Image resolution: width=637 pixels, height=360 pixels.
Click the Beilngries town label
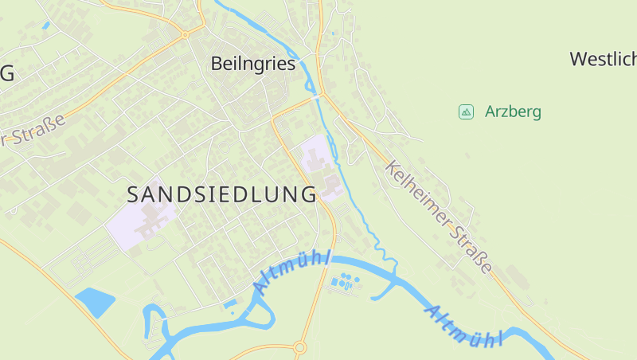[253, 64]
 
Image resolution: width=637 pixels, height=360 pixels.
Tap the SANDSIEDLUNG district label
[222, 194]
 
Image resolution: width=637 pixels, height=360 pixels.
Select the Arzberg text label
[513, 112]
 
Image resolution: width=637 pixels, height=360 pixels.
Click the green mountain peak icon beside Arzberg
[467, 112]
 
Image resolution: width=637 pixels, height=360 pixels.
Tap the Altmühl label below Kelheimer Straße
[465, 326]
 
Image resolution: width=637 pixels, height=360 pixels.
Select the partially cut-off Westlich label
[604, 58]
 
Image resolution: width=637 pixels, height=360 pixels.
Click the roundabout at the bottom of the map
[299, 347]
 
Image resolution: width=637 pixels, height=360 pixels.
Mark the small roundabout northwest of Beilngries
[185, 35]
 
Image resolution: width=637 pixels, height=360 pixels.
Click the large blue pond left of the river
[95, 301]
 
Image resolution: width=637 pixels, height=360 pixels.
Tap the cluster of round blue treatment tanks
[344, 281]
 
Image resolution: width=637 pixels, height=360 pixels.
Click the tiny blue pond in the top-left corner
[45, 25]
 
